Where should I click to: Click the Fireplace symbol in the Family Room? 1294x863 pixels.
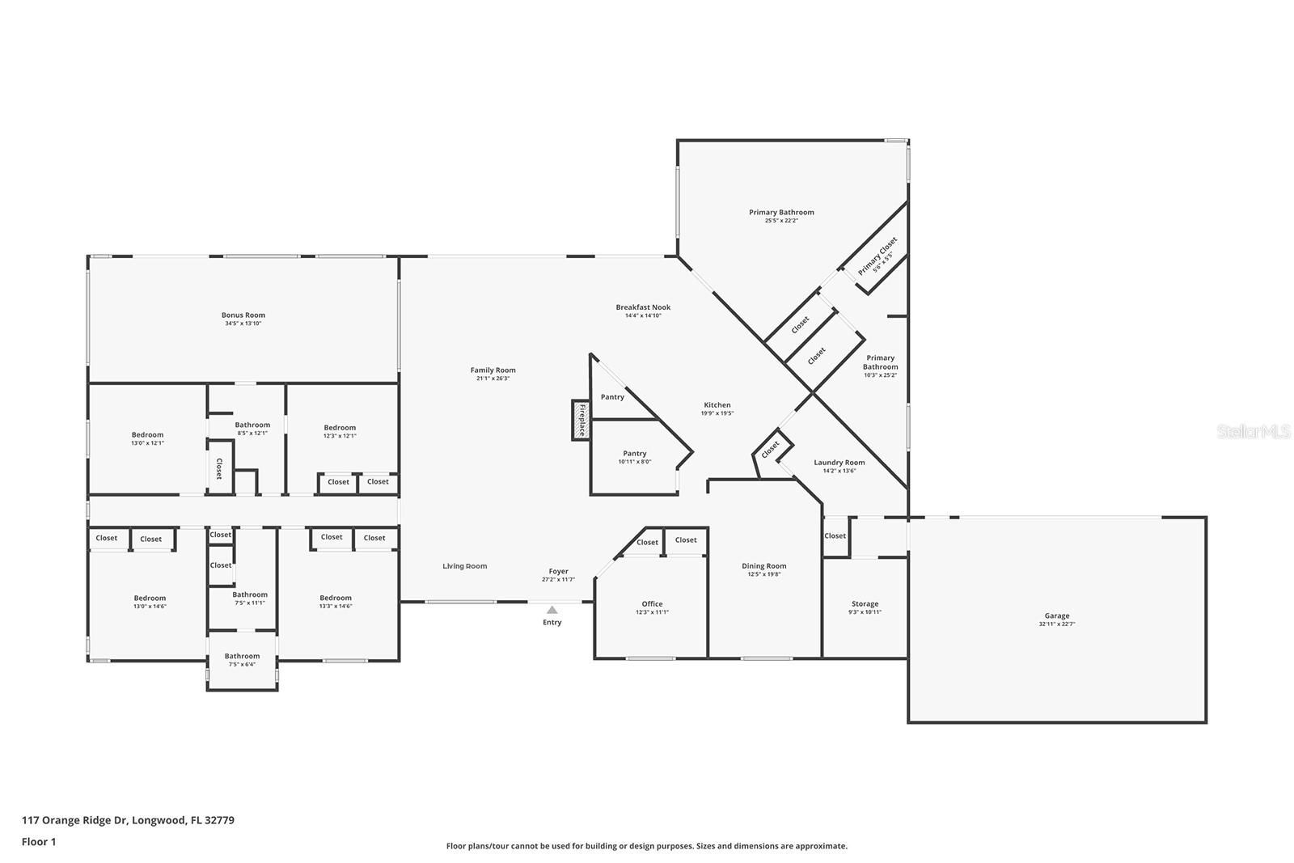coord(580,420)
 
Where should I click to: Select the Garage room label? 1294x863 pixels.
coord(1056,616)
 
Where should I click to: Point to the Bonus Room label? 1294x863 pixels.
coord(243,315)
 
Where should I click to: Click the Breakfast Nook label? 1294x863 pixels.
coord(643,307)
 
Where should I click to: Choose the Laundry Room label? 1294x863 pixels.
coord(839,463)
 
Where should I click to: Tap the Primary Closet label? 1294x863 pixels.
coord(877,256)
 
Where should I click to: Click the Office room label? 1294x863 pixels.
coord(652,603)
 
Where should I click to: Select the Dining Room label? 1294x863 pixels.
coord(763,566)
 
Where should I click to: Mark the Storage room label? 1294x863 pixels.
coord(865,603)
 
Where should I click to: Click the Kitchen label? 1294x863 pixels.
coord(717,405)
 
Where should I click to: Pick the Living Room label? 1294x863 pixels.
coord(464,566)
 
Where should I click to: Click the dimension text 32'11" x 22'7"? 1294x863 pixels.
coord(1056,625)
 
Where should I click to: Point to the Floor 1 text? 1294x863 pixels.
coord(39,842)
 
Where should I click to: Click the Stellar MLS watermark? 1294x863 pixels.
coord(1254,432)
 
